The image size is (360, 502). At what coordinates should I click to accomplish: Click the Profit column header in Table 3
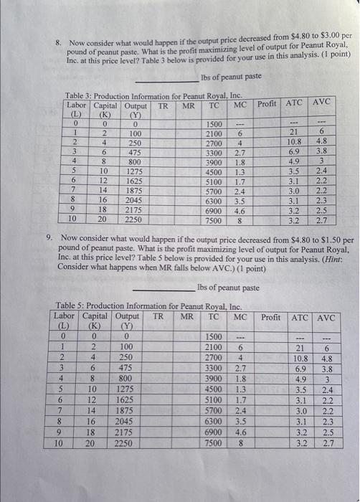(x=266, y=104)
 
